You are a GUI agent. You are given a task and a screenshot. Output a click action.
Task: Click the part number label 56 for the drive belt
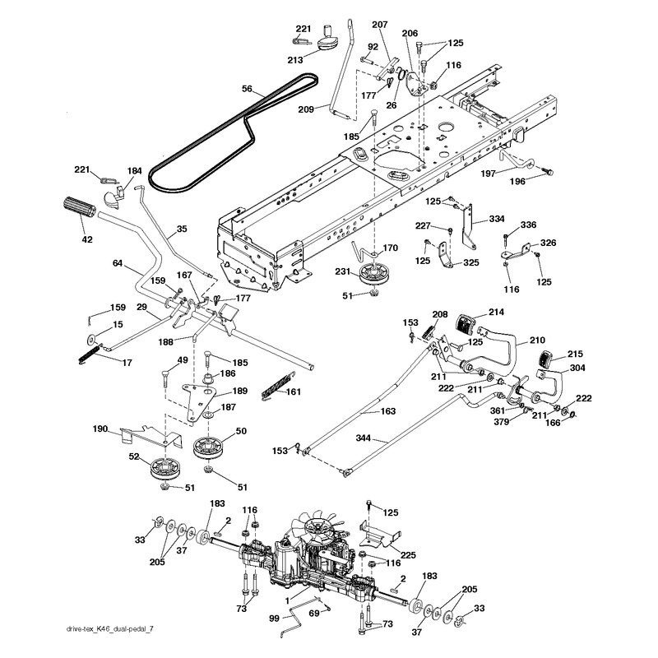pyautogui.click(x=248, y=89)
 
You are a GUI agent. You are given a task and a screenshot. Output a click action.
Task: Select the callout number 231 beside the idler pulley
pyautogui.click(x=343, y=271)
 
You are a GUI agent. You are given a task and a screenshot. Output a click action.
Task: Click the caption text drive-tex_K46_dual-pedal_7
pyautogui.click(x=110, y=628)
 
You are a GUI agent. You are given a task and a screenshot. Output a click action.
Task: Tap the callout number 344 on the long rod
pyautogui.click(x=363, y=438)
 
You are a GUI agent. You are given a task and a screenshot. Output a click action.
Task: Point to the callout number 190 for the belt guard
pyautogui.click(x=100, y=429)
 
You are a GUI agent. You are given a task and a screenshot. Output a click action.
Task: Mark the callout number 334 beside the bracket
pyautogui.click(x=497, y=219)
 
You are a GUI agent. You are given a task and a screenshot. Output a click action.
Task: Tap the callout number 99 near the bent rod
pyautogui.click(x=275, y=619)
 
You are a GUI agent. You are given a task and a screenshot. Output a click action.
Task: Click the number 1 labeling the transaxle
pyautogui.click(x=287, y=601)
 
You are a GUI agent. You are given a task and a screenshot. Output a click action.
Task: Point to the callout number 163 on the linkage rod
pyautogui.click(x=387, y=410)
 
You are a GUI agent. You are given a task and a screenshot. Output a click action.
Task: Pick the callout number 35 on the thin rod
pyautogui.click(x=182, y=229)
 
